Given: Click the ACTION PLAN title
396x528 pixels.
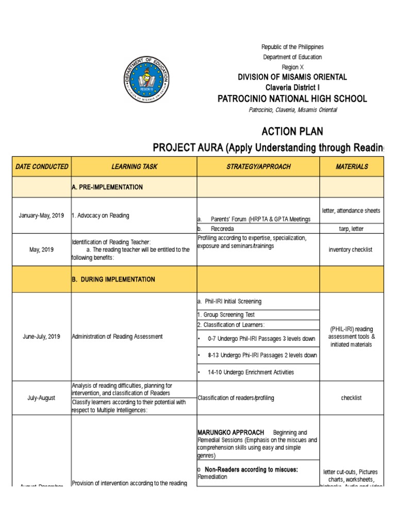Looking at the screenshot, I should pos(292,131).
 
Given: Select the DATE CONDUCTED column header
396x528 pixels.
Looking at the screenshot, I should pos(42,167).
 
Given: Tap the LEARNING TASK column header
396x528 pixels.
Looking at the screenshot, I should pos(134,167).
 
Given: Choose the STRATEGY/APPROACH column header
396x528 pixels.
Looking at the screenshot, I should pos(258,167).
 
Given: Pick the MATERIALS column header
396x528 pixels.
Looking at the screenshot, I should pos(352,167).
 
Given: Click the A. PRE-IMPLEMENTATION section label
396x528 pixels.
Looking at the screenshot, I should pos(107,187).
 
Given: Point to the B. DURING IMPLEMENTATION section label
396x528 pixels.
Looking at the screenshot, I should pos(113,279).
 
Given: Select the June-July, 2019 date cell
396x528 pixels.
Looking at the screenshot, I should pos(42,336).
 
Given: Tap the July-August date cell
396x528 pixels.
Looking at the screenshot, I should pos(42,398).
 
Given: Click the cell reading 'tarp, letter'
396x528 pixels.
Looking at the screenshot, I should pos(351,228).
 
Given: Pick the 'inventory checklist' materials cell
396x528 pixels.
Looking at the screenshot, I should pos(351,250).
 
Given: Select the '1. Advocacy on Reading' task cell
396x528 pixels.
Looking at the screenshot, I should pos(101,215).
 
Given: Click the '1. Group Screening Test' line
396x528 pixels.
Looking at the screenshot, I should pos(226,315).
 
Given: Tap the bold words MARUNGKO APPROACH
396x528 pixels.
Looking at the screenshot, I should pos(230,432).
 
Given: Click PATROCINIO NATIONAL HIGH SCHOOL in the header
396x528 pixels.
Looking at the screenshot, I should pos(292,98).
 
